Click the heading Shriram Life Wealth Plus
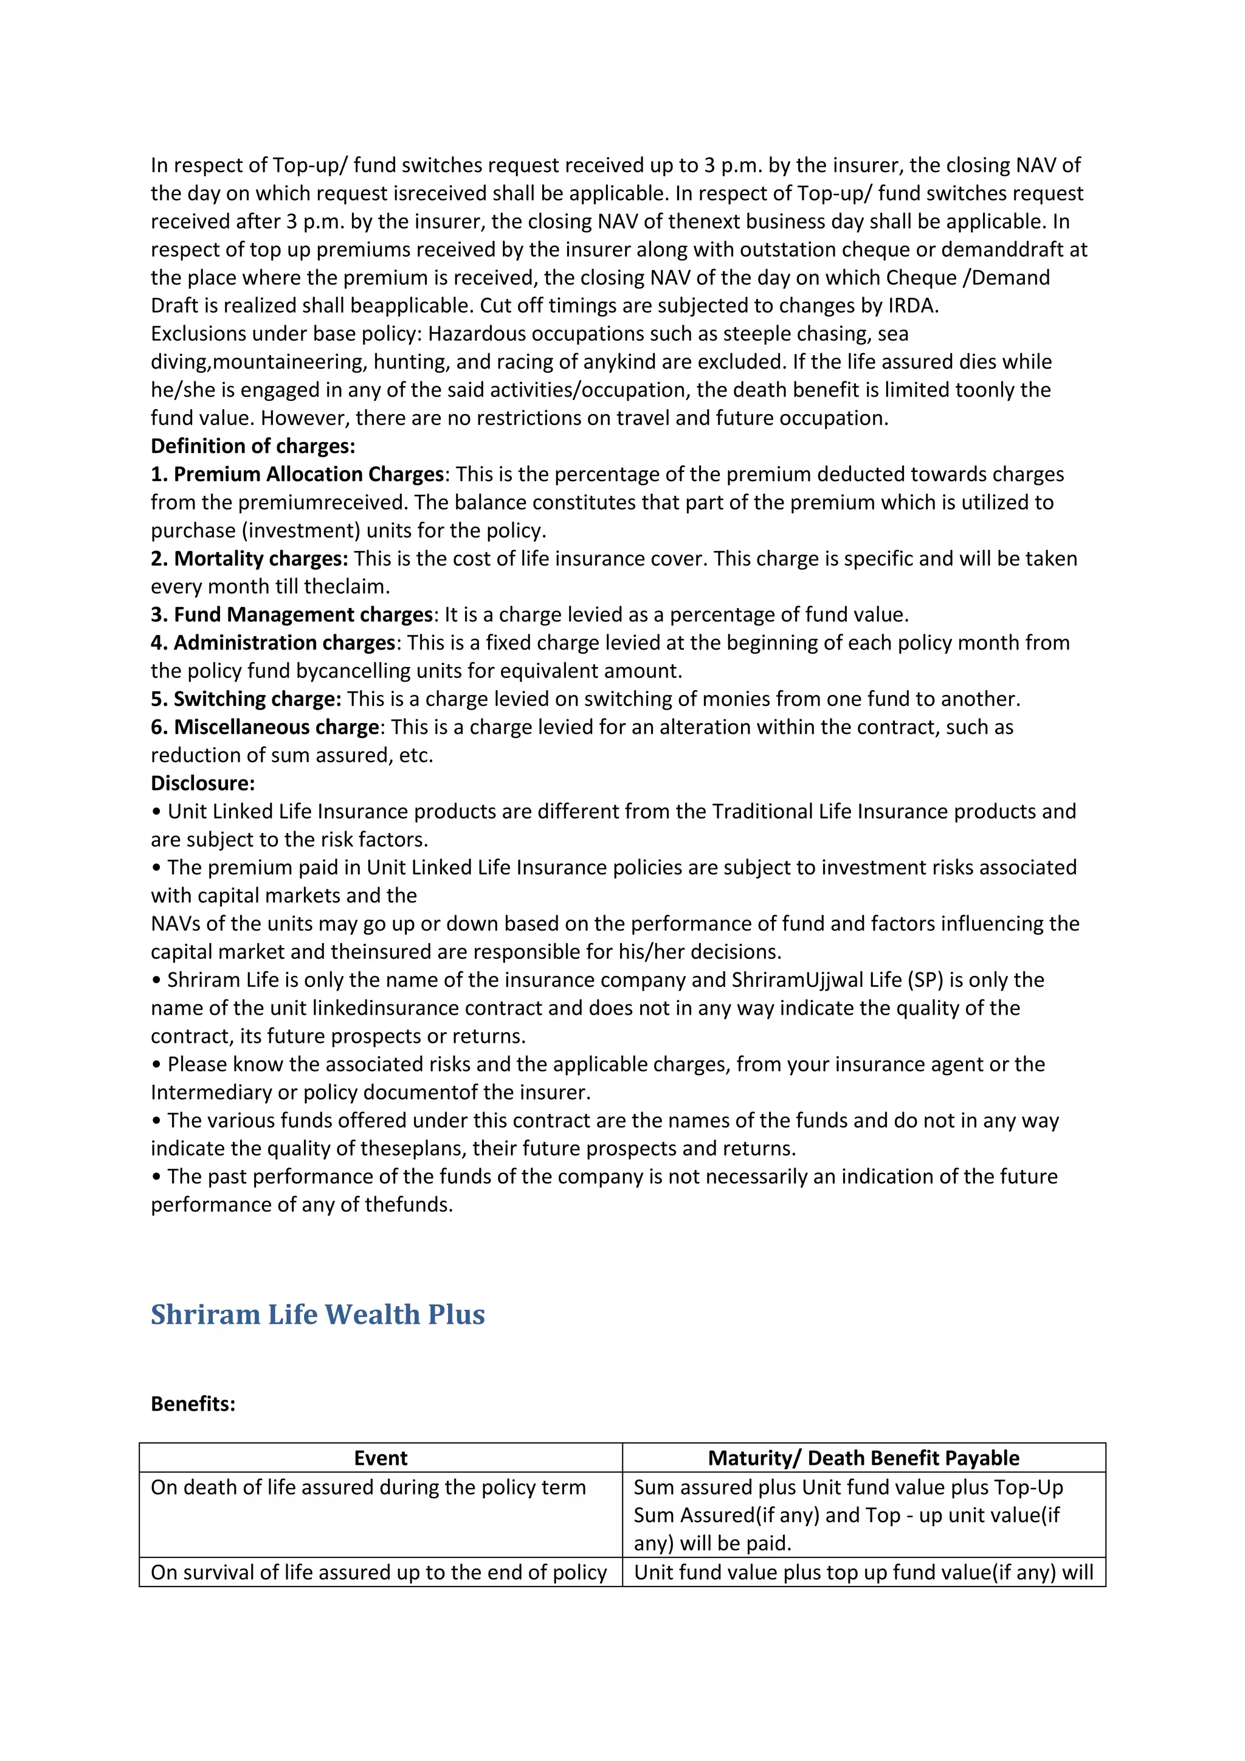coord(317,1314)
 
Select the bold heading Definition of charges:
coord(253,446)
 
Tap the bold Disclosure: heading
coord(202,783)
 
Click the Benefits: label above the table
coord(193,1403)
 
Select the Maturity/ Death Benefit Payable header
coord(863,1458)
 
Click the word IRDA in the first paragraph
coord(911,305)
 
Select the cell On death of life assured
coord(368,1487)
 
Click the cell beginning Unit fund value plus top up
coord(863,1572)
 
